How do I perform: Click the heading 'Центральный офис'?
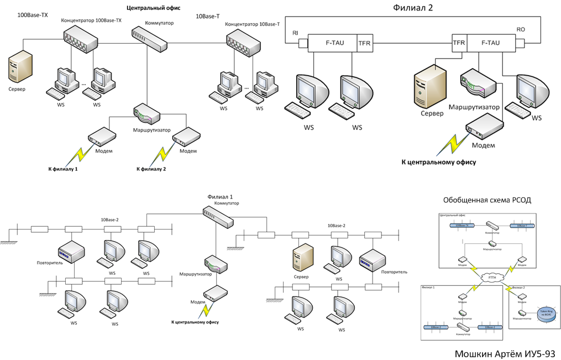click(x=154, y=8)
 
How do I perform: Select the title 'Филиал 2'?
click(x=413, y=8)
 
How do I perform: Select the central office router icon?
click(x=146, y=114)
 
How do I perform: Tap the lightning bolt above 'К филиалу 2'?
click(x=164, y=153)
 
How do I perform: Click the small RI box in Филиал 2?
click(x=302, y=44)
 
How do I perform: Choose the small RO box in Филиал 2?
click(x=520, y=43)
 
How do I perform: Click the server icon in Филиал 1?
click(x=302, y=258)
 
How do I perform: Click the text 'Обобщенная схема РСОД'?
click(x=486, y=200)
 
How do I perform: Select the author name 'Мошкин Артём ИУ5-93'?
click(x=505, y=353)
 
